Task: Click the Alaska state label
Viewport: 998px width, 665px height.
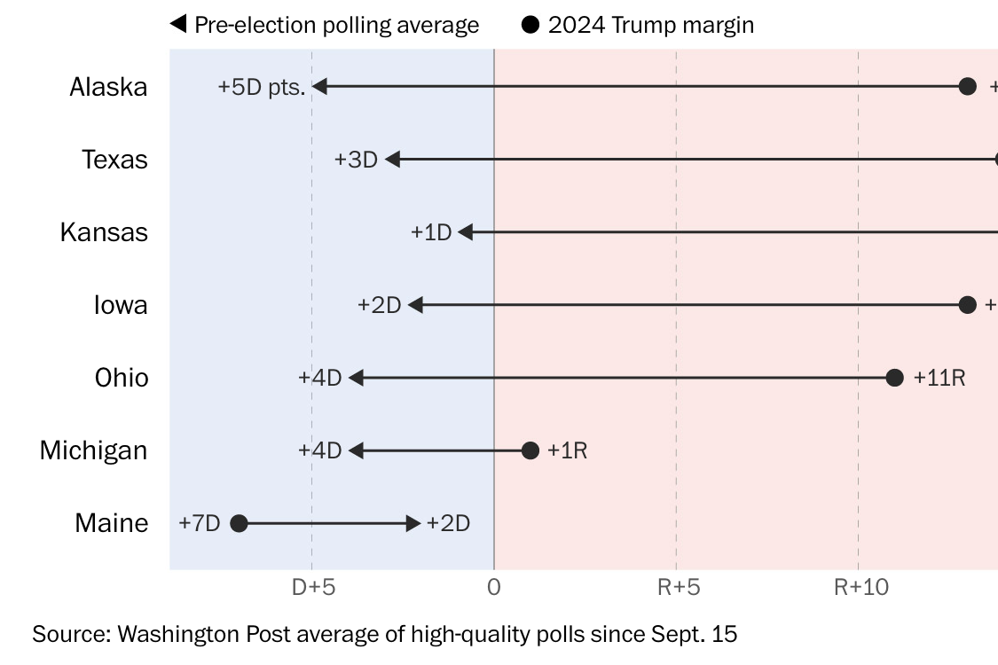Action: (108, 87)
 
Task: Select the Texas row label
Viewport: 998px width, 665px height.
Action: (114, 160)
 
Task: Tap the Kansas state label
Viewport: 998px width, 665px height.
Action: (104, 232)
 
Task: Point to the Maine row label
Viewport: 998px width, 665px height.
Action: (112, 523)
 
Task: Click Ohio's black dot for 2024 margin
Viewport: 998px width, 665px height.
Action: (894, 378)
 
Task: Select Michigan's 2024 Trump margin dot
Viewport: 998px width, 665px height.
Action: (530, 450)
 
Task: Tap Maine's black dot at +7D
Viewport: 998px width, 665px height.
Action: (239, 523)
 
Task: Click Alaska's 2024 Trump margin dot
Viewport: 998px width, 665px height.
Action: (968, 87)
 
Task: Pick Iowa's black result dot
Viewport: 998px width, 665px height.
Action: (968, 305)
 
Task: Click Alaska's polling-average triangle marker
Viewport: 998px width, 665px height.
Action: (319, 87)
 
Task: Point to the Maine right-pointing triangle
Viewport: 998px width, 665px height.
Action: (413, 523)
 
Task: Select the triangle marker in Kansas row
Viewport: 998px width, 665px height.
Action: (465, 232)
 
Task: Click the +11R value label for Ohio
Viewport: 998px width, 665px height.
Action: (939, 378)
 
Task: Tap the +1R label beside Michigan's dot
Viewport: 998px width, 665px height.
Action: (567, 450)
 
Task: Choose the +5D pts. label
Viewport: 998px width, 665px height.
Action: (262, 87)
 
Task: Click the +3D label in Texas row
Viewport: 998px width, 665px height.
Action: (357, 160)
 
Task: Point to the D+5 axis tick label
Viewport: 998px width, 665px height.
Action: (313, 587)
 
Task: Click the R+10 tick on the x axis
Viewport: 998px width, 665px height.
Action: (861, 587)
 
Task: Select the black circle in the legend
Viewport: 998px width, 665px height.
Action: (530, 25)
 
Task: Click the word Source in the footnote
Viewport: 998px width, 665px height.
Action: (72, 634)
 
